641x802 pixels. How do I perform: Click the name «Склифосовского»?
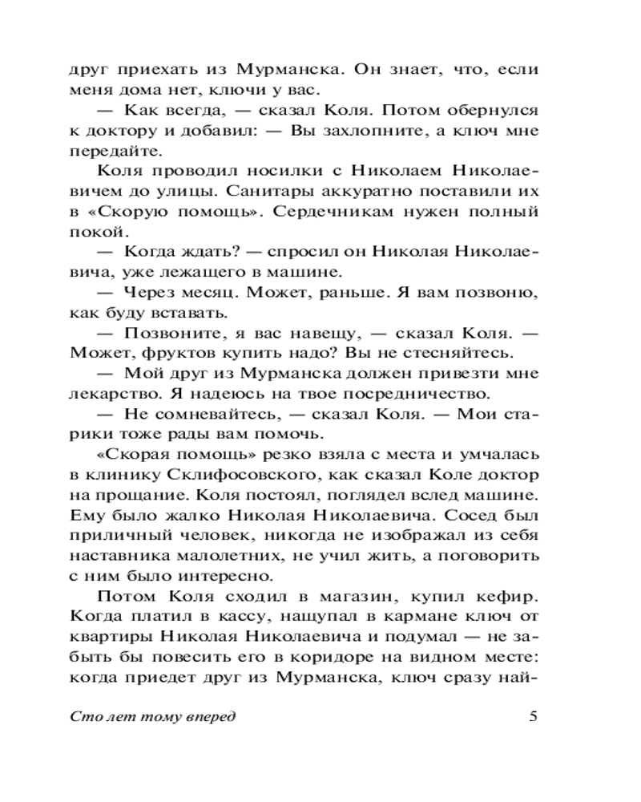click(x=254, y=475)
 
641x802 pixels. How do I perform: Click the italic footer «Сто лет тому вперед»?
click(x=153, y=717)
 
